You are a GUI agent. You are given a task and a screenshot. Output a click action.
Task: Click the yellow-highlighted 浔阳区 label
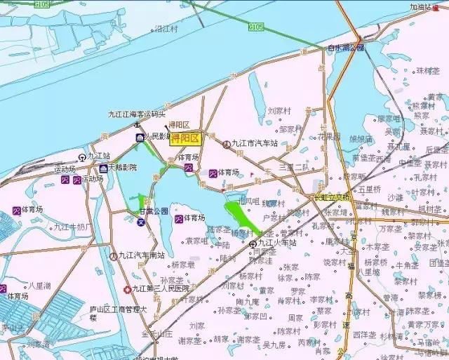[x=186, y=138]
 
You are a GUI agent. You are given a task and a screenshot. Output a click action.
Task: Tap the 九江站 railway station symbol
[x=82, y=156]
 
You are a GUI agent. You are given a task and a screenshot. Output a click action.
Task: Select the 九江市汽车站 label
[x=255, y=143]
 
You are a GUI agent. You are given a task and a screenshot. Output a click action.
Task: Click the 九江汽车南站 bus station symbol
[x=114, y=256]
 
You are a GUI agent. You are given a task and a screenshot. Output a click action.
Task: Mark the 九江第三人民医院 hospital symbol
[x=126, y=288]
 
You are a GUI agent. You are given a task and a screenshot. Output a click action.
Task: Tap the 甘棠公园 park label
[x=154, y=211]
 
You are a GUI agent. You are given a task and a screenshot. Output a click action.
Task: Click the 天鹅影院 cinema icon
[x=103, y=168]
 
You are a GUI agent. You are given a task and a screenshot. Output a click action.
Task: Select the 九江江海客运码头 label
[x=137, y=114]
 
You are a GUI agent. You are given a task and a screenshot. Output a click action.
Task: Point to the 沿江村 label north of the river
[x=166, y=29]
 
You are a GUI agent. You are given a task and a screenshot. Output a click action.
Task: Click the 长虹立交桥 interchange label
[x=331, y=197]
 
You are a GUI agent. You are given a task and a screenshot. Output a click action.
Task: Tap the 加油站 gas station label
[x=423, y=8]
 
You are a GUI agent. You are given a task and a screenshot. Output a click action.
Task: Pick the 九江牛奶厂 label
[x=73, y=227]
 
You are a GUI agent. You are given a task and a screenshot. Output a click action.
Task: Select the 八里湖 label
[x=39, y=286]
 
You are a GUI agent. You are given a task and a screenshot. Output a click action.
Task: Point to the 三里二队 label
[x=293, y=167]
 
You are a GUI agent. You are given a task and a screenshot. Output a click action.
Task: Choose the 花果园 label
[x=329, y=136]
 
